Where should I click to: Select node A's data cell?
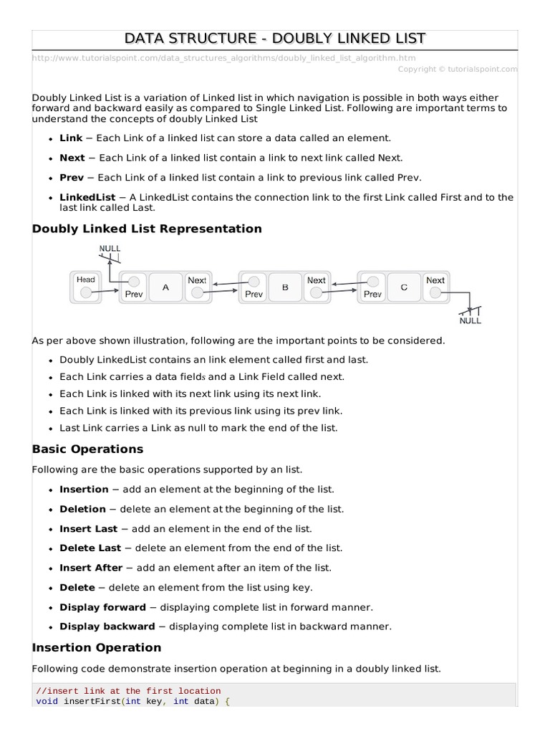[165, 287]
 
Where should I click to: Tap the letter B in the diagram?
[285, 287]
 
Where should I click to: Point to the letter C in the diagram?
[404, 287]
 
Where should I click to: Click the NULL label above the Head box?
[110, 248]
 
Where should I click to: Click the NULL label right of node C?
[470, 320]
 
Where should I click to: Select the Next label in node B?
[316, 280]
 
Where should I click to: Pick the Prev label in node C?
[372, 294]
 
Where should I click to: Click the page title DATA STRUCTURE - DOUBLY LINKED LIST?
[275, 37]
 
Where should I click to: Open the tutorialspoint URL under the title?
[223, 57]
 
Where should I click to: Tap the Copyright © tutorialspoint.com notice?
[457, 69]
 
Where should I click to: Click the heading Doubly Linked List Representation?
[147, 229]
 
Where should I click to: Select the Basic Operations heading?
[87, 449]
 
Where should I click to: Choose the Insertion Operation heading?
[97, 647]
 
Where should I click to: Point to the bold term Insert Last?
[89, 528]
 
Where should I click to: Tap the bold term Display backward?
[107, 626]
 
